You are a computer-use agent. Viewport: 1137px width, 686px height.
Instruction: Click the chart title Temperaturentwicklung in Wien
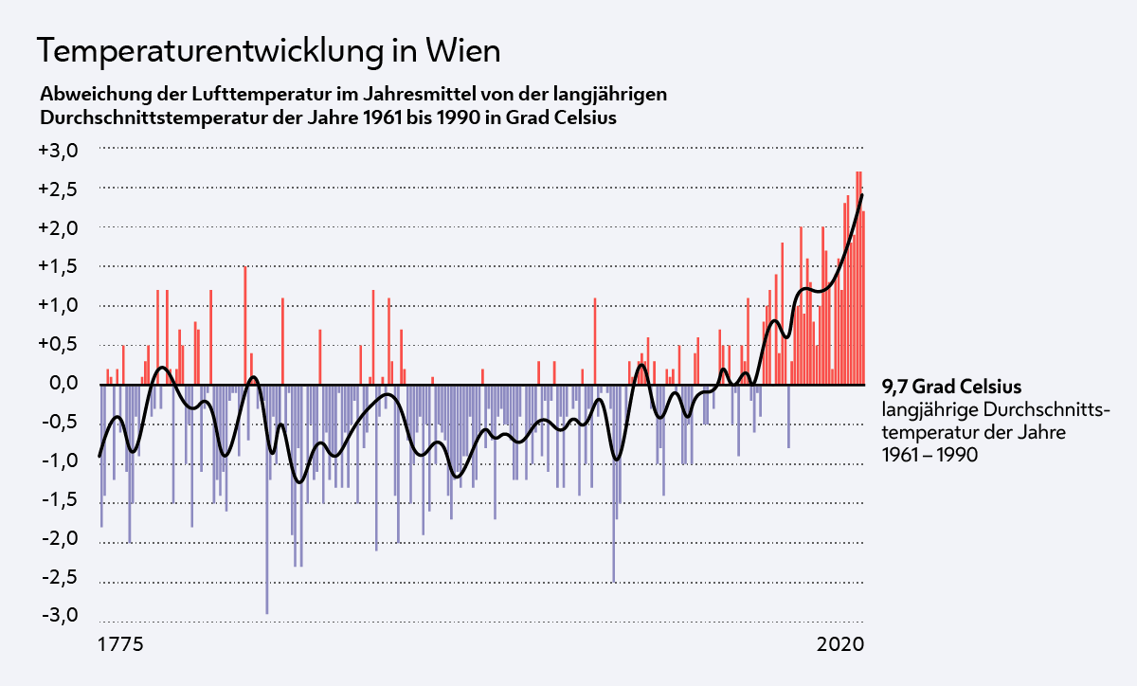(x=268, y=50)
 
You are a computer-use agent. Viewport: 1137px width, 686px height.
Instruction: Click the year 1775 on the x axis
(x=121, y=645)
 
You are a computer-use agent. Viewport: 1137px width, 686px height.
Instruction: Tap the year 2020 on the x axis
(x=840, y=645)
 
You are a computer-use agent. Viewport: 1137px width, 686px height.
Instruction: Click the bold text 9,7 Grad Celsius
(x=951, y=387)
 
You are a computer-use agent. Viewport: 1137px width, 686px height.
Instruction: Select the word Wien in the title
(x=462, y=50)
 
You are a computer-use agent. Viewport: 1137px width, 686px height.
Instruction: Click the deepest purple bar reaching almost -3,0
(x=266, y=569)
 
